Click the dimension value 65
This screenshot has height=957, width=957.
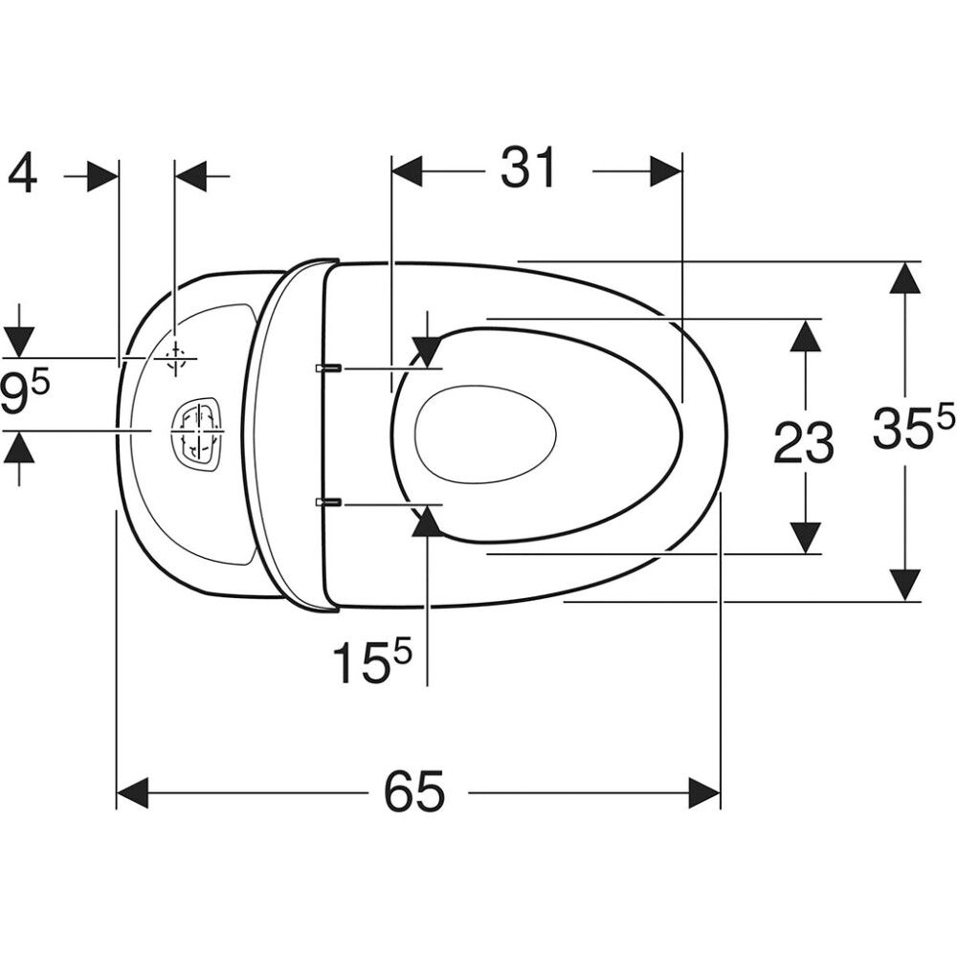414,791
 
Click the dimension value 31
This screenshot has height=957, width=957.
528,167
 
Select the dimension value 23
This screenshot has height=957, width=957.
803,442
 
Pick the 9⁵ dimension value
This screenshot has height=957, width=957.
25,394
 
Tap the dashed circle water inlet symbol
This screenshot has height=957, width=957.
175,359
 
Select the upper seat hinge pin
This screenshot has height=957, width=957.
328,368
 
